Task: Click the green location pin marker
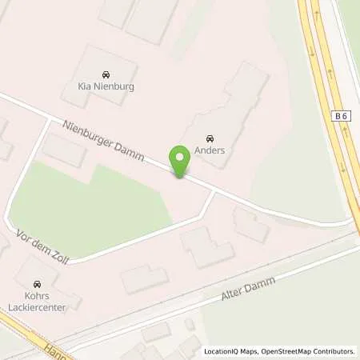point(180,160)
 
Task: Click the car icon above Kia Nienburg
point(106,74)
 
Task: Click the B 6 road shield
point(342,116)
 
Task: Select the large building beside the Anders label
point(232,112)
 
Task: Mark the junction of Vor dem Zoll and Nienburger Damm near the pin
point(214,192)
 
